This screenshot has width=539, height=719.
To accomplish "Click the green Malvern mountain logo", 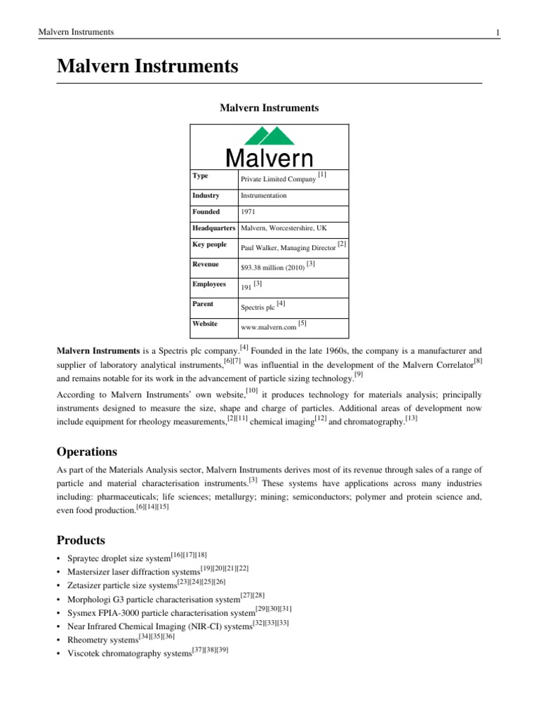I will [x=264, y=136].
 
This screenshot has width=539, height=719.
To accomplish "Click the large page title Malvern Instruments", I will [x=147, y=67].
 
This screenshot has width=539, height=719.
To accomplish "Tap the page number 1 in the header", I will [x=497, y=32].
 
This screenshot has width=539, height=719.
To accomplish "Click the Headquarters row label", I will [x=214, y=229].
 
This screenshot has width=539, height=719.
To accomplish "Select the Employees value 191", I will [x=246, y=288].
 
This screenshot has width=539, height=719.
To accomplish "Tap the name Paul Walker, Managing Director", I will [x=287, y=248].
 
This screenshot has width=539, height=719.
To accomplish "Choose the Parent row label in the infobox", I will [x=204, y=304].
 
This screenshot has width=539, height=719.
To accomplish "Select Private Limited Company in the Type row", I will [x=278, y=180].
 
